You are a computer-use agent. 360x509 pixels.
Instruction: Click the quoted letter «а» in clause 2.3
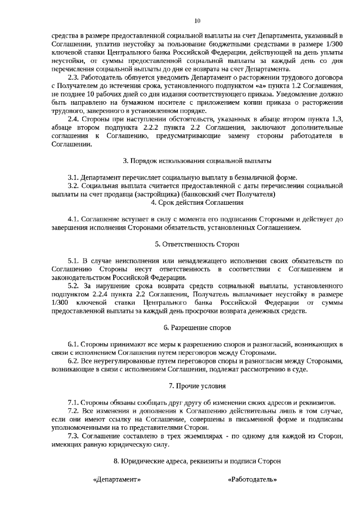point(264,85)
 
